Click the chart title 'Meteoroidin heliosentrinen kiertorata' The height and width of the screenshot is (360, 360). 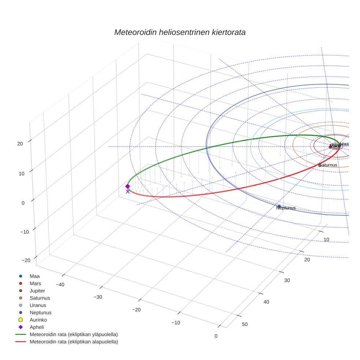pyautogui.click(x=180, y=32)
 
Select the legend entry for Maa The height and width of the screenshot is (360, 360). pyautogui.click(x=34, y=276)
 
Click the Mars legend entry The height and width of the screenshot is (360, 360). pyautogui.click(x=35, y=284)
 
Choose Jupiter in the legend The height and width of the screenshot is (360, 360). pyautogui.click(x=37, y=291)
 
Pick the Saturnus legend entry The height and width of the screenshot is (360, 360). pyautogui.click(x=40, y=298)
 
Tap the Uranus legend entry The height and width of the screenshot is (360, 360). pyautogui.click(x=38, y=305)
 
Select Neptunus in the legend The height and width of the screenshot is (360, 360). pyautogui.click(x=40, y=313)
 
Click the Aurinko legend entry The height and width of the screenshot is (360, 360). pyautogui.click(x=38, y=320)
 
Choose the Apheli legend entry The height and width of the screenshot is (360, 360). pyautogui.click(x=36, y=327)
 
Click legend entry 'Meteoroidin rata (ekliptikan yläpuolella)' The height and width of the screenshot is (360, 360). pyautogui.click(x=74, y=335)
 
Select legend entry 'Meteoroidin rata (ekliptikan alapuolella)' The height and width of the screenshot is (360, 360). pyautogui.click(x=74, y=342)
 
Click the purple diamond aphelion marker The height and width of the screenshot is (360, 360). pyautogui.click(x=128, y=186)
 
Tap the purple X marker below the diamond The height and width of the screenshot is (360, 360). pyautogui.click(x=128, y=191)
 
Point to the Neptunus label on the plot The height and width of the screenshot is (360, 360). pyautogui.click(x=286, y=208)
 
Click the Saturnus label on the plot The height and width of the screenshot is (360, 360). pyautogui.click(x=328, y=165)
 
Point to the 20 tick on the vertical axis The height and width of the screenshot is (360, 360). pyautogui.click(x=20, y=144)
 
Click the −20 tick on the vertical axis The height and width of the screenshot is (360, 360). pyautogui.click(x=26, y=260)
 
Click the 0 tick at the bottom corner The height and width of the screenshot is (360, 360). pyautogui.click(x=216, y=336)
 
